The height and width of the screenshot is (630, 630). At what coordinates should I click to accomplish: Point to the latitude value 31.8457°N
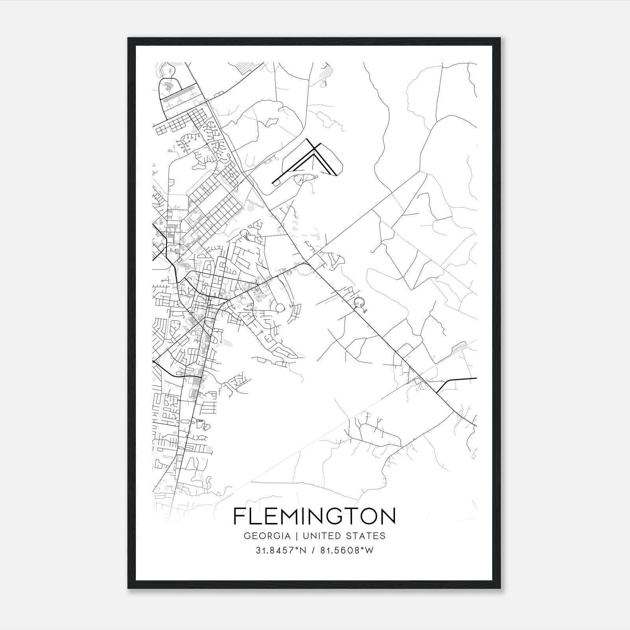point(281,550)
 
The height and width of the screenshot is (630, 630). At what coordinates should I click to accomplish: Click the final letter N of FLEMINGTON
point(388,516)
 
